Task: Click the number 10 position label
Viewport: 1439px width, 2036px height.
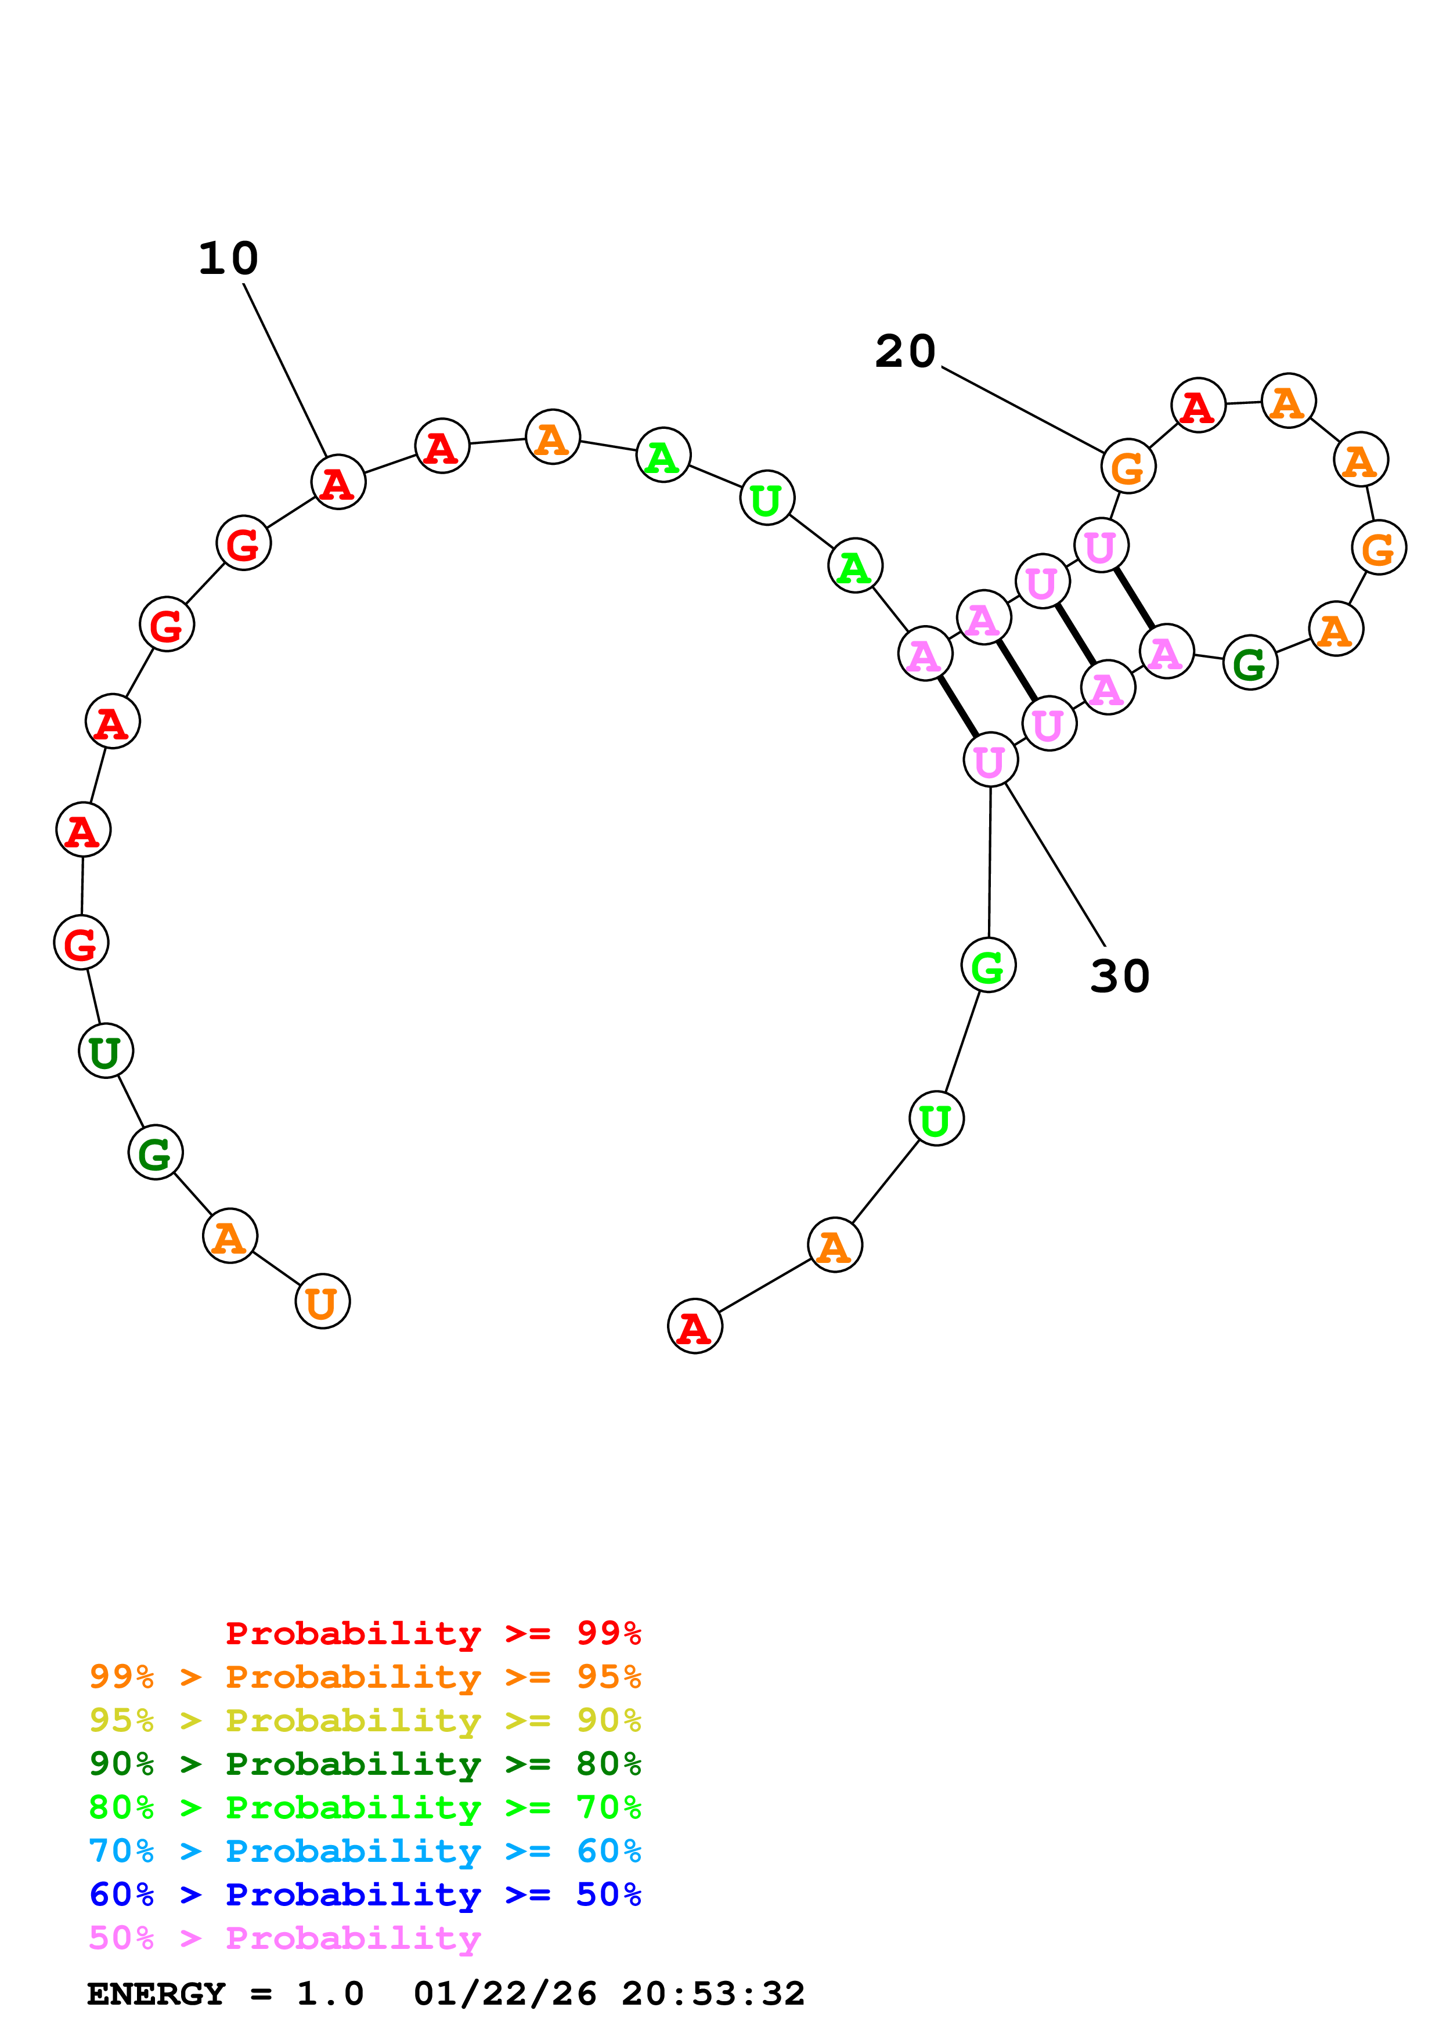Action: [228, 259]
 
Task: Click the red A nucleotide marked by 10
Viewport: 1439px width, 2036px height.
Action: [338, 482]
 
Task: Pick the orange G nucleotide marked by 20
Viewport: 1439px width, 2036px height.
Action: [1128, 467]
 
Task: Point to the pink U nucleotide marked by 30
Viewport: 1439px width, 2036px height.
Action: [990, 760]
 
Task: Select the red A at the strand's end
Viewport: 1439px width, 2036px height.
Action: [694, 1327]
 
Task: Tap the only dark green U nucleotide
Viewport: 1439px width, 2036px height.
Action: [106, 1051]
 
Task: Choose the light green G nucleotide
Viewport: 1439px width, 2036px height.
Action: [988, 966]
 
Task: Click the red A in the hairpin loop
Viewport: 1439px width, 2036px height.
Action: [1198, 406]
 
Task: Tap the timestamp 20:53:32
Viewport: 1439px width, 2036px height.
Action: [713, 1994]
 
